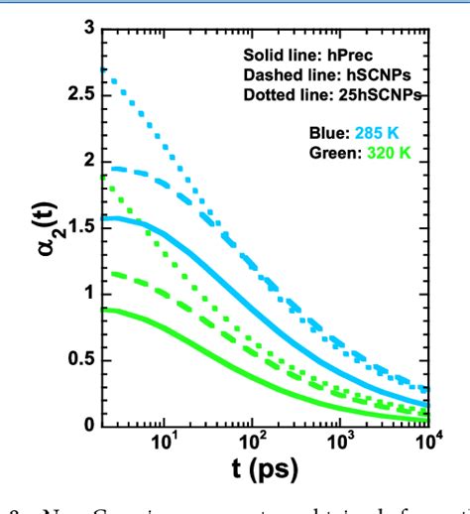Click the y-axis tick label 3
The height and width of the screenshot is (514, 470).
(x=88, y=28)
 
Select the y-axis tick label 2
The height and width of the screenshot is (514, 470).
(x=88, y=160)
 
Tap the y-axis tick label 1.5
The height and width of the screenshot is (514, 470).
(x=80, y=226)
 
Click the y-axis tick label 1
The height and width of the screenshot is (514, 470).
(x=88, y=293)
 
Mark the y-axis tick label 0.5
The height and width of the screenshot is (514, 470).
(x=80, y=359)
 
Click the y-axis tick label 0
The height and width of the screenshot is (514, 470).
(x=88, y=426)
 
